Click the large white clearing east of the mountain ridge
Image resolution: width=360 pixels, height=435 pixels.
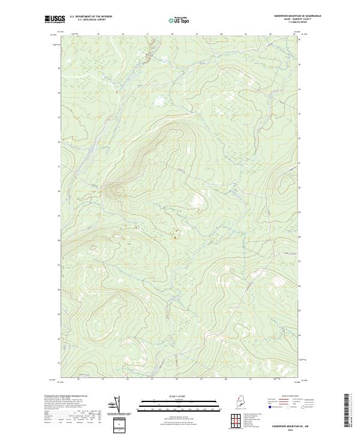tap(197, 202)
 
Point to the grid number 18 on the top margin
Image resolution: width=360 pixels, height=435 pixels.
tap(172, 34)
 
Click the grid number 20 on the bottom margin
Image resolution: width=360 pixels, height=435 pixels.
tap(226, 379)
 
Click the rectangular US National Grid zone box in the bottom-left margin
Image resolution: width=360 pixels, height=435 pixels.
tap(117, 424)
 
